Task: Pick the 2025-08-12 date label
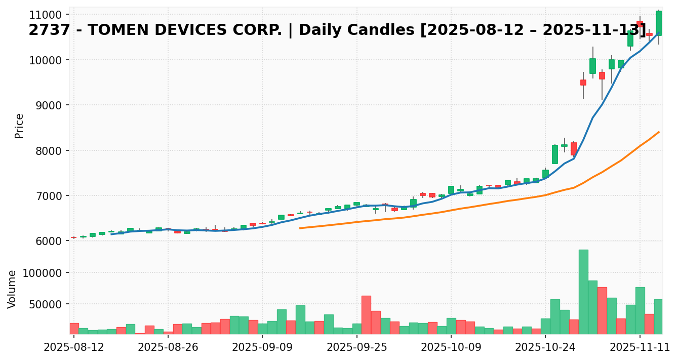coord(74,347)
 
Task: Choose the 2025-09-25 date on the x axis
coord(357,347)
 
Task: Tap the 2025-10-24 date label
coord(545,347)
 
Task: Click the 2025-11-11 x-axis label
coord(640,347)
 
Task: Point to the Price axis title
coord(19,126)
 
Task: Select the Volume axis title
coord(12,289)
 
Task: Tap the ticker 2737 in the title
coord(45,30)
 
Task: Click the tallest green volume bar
coord(583,292)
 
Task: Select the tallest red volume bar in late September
coord(366,314)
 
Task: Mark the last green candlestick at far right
coord(658,23)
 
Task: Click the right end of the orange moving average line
coord(659,132)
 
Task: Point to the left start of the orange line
coord(300,228)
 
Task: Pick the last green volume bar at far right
coord(658,316)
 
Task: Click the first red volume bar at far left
coord(74,328)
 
